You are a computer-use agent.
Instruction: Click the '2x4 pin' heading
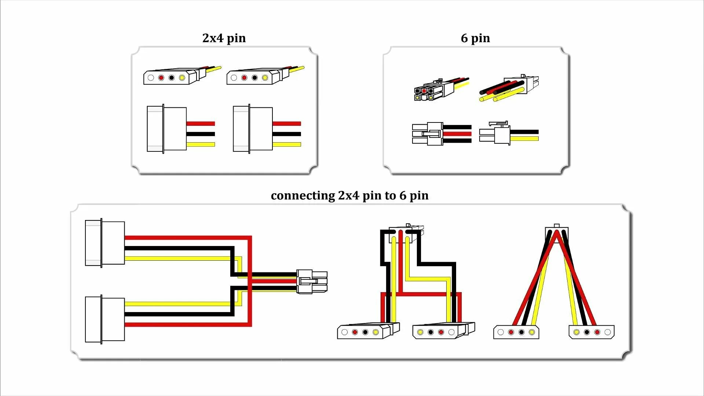coord(224,38)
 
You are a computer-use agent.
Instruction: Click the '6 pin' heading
coord(475,38)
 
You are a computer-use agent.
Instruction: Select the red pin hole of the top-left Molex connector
coord(161,78)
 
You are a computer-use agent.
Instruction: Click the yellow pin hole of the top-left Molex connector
coord(182,78)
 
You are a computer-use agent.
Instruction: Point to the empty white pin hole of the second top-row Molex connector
coord(234,78)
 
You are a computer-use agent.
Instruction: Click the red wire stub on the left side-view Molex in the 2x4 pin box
coord(200,124)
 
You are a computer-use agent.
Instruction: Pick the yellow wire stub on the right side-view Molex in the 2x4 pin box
coord(287,144)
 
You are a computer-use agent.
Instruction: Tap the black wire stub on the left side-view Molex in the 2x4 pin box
coord(200,134)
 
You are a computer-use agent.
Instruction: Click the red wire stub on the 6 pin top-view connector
coord(457,134)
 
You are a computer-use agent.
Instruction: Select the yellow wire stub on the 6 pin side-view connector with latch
coord(524,139)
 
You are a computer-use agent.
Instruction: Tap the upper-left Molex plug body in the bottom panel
coord(105,243)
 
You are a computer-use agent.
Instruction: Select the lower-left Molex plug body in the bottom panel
coord(105,319)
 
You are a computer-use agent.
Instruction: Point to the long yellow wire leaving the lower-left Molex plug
coord(176,304)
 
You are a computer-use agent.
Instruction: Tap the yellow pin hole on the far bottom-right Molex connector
coord(576,332)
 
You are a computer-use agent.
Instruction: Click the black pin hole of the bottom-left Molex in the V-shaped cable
coord(521,332)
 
